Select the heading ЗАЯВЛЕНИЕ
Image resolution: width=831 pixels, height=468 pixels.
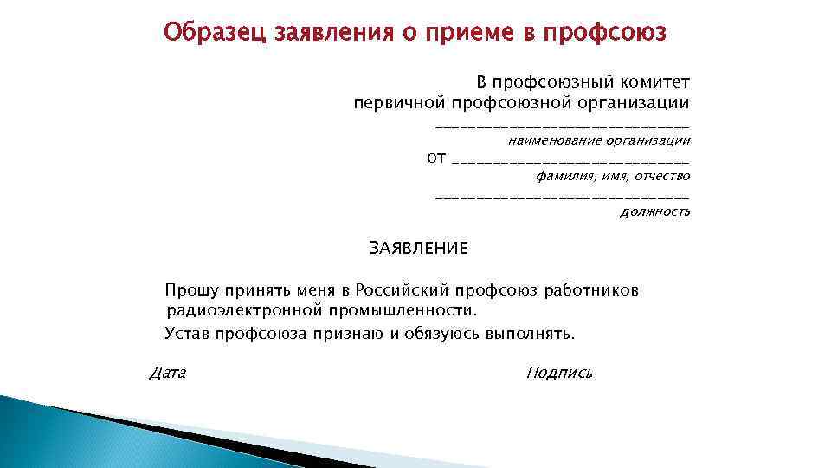[x=419, y=250]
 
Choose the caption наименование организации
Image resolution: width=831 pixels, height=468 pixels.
[x=599, y=139]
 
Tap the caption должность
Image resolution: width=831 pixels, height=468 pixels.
[x=655, y=211]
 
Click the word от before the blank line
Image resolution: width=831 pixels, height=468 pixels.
[x=437, y=158]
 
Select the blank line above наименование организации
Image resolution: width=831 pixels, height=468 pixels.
[x=563, y=127]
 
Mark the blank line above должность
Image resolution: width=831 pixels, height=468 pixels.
[x=563, y=199]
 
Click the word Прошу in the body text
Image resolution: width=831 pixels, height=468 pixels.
[x=191, y=290]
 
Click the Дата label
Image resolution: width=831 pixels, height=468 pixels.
[x=168, y=374]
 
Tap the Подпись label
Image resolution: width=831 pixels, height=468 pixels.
[x=559, y=374]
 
